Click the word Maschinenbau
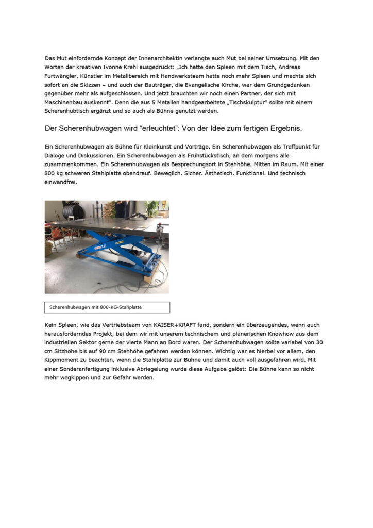(66, 102)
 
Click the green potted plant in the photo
(151, 209)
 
